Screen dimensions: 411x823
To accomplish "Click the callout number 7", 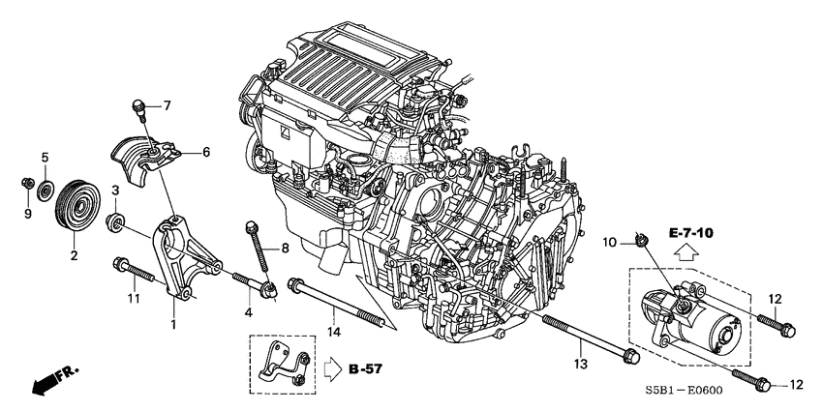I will [166, 104].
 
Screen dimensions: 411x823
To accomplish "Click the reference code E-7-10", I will [690, 233].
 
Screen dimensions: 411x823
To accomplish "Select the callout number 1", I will [173, 323].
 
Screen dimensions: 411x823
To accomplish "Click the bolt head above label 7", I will [139, 103].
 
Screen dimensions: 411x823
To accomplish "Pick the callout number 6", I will [205, 152].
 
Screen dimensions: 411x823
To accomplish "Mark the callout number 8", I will [285, 250].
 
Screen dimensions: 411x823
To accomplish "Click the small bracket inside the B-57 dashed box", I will [283, 366].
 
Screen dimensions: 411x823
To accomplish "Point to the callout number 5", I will [45, 157].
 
